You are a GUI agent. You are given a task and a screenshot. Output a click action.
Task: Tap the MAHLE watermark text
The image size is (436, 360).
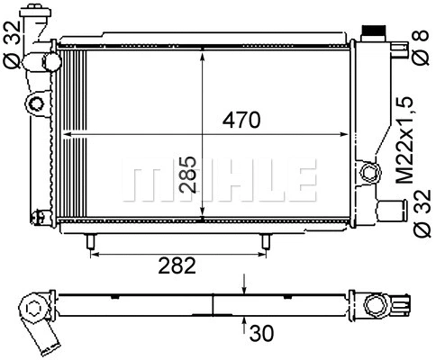pos(219,180)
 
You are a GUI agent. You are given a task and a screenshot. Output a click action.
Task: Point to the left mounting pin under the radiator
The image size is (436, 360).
pos(92,242)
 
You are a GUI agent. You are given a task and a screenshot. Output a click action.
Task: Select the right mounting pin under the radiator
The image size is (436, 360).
pos(265,242)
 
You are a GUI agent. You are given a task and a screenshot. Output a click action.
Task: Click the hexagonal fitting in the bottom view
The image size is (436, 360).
pos(34,310)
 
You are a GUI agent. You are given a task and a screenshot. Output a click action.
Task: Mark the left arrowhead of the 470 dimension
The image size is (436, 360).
pos(65,133)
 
